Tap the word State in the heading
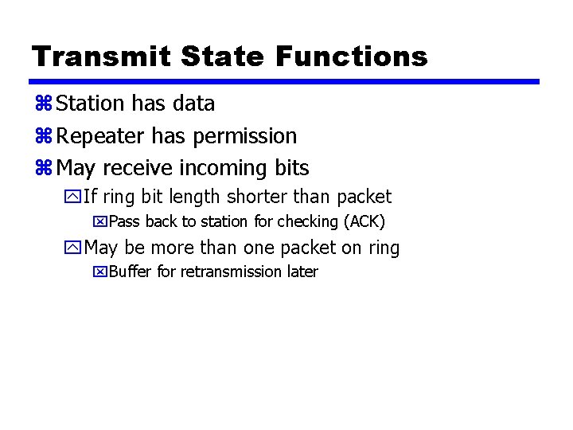225,56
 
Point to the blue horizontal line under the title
284,81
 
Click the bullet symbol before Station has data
43,104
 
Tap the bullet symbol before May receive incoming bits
43,169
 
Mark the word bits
291,168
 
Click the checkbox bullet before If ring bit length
73,197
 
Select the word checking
306,221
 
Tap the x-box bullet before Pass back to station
99,221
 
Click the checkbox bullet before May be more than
73,248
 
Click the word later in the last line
302,272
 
